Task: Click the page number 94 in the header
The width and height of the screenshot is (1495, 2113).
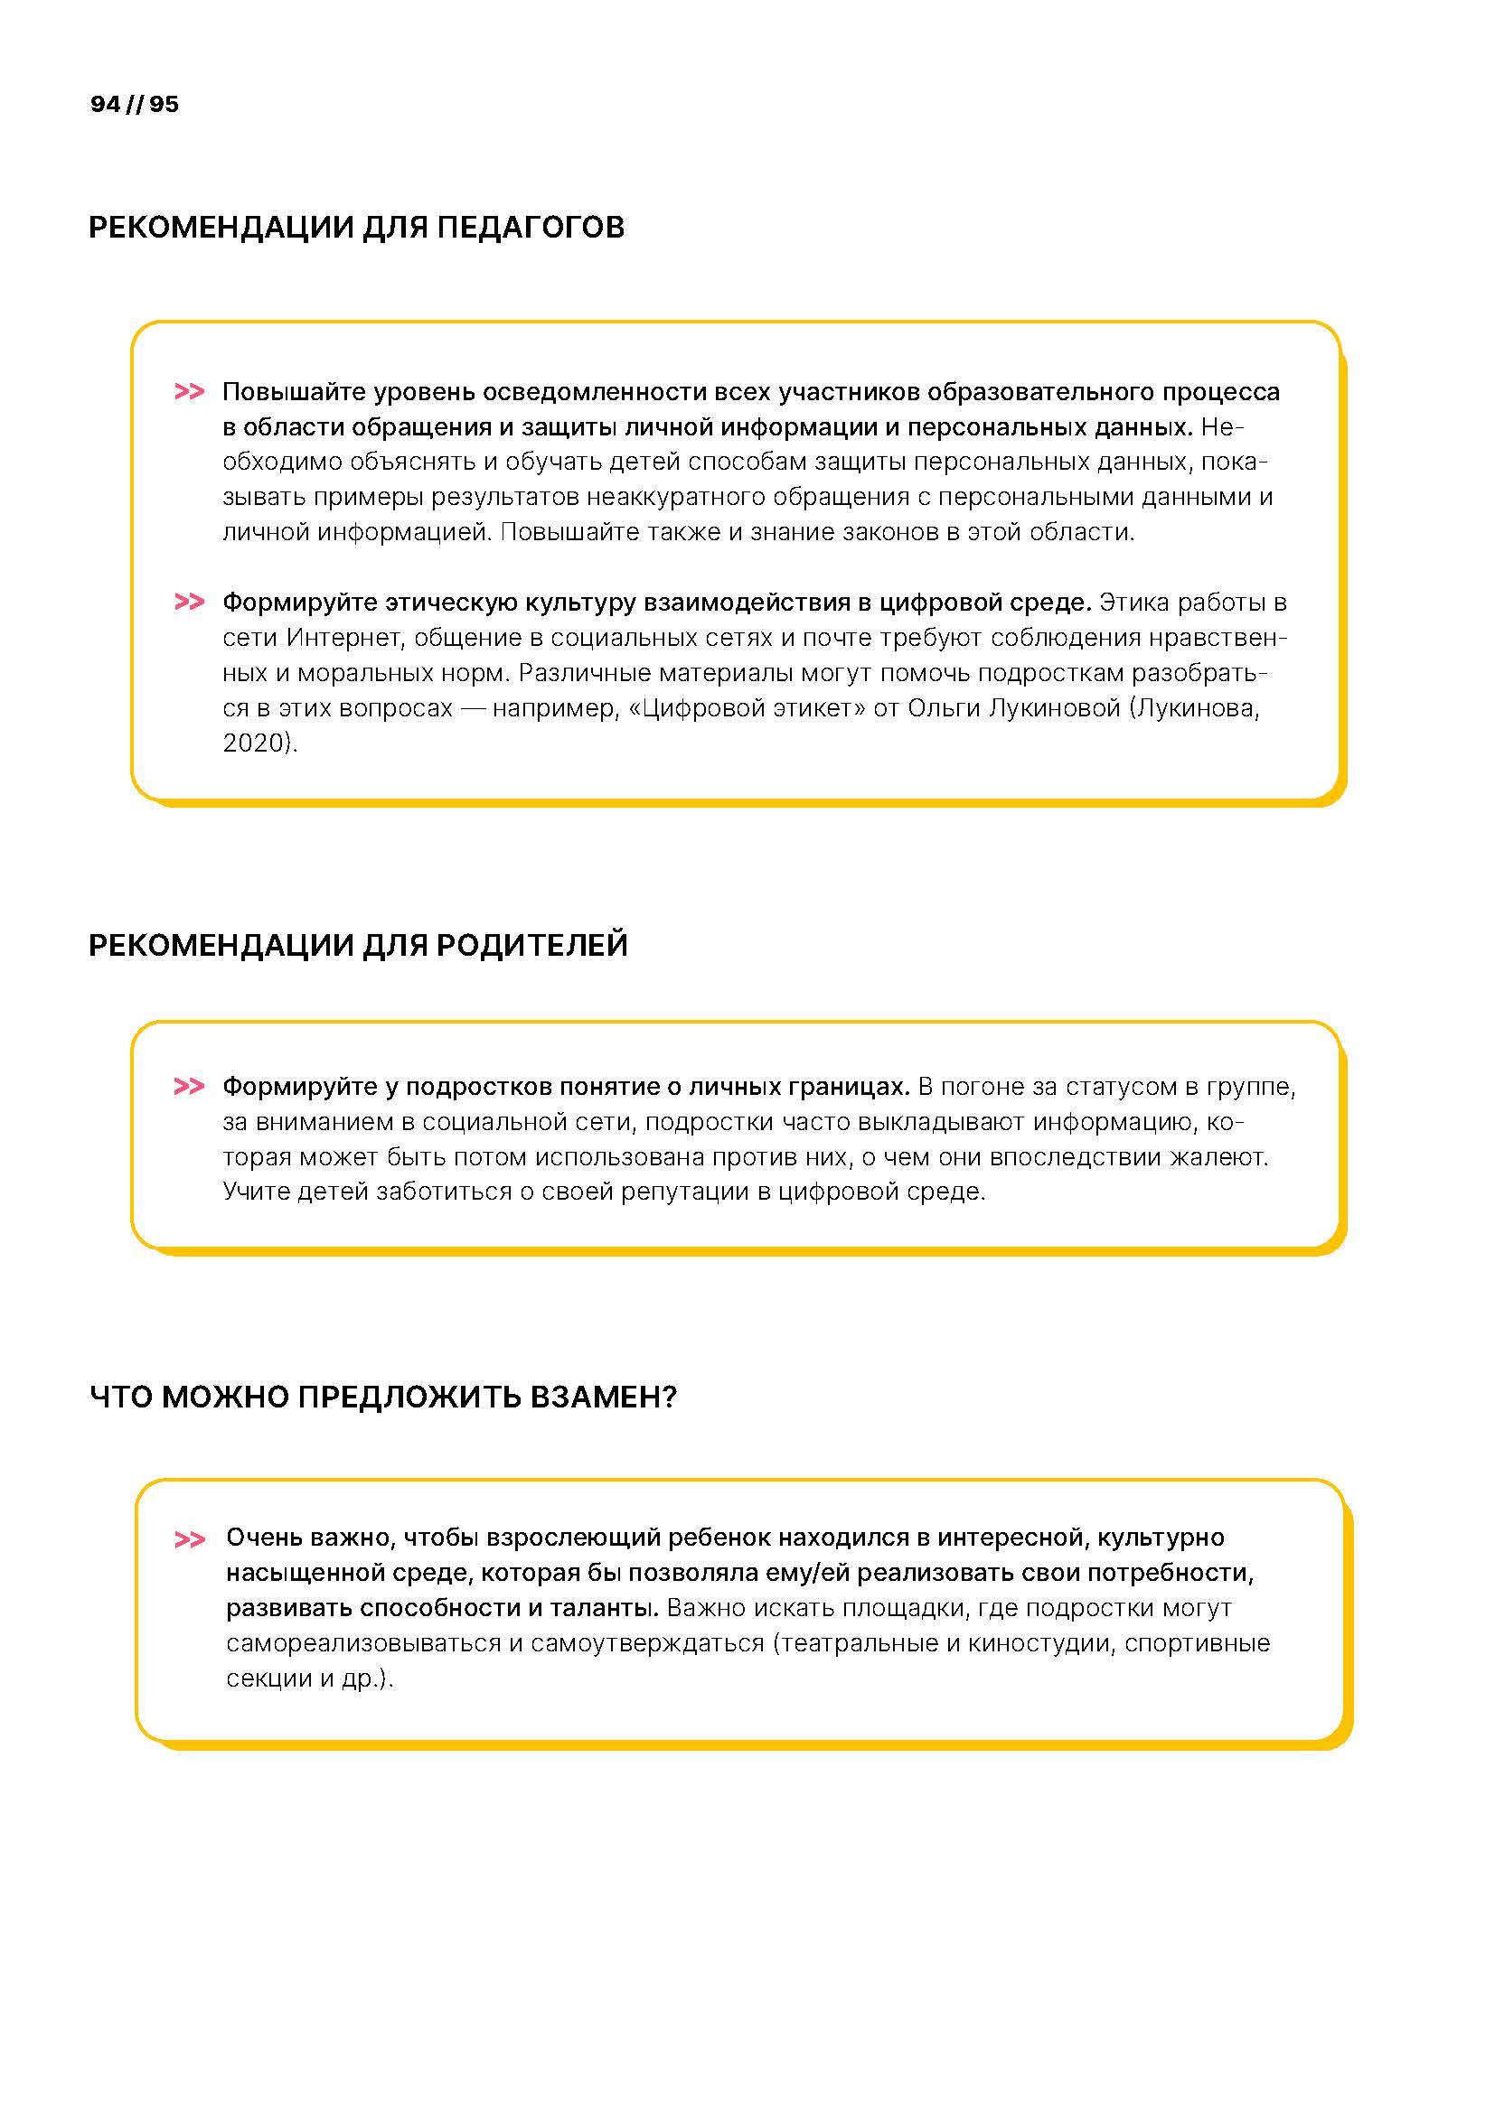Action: pos(105,104)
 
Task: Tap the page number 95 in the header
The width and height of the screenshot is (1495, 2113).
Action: pos(164,104)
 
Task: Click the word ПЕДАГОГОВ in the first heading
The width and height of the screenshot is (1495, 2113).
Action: pos(531,228)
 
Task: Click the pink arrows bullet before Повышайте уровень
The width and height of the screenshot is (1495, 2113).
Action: pos(189,392)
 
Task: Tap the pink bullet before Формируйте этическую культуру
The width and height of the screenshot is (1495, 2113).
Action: pos(189,602)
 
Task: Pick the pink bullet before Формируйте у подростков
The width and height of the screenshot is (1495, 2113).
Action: pos(189,1087)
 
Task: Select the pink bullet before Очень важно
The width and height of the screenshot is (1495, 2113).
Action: pos(190,1538)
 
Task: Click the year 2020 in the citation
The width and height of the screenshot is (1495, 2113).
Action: pos(252,743)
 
